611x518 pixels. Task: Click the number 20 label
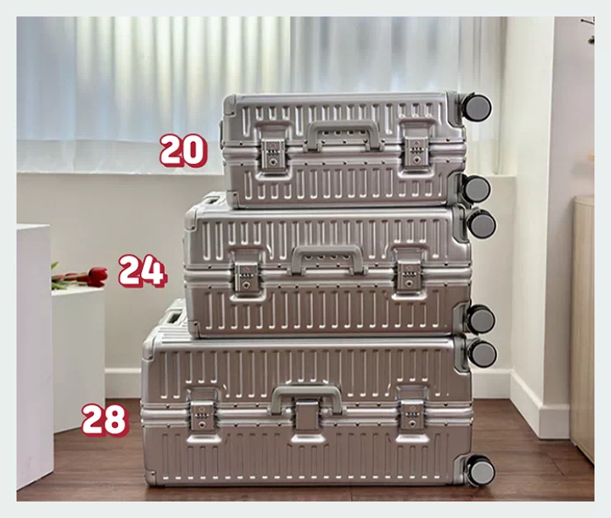[182, 151]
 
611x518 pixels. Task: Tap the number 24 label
[143, 271]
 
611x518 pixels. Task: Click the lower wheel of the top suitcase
[476, 189]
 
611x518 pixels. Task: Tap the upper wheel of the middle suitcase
[481, 223]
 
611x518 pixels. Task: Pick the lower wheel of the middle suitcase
[481, 319]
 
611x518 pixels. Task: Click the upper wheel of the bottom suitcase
[482, 353]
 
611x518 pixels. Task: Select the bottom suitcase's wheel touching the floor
[481, 471]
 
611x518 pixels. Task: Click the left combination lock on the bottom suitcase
[201, 416]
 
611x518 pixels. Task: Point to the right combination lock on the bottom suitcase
[412, 416]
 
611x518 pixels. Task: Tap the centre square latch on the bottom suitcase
[306, 416]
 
